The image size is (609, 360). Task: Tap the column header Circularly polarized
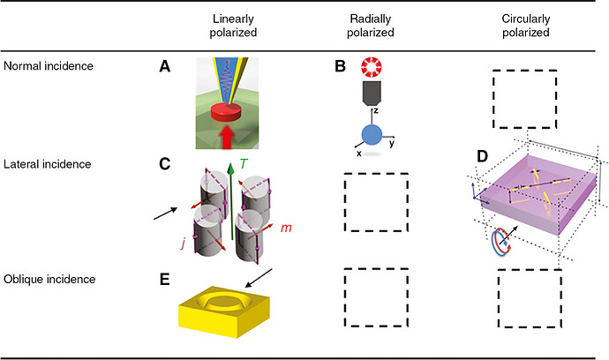tap(527, 26)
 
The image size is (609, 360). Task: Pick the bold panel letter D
tap(482, 157)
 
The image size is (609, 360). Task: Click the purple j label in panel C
tap(184, 236)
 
